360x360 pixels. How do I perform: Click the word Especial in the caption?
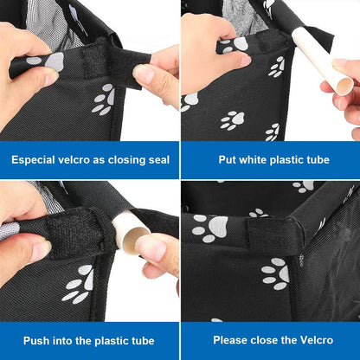click(x=33, y=160)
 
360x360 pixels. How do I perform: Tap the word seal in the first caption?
click(x=159, y=159)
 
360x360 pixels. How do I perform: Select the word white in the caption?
click(x=253, y=159)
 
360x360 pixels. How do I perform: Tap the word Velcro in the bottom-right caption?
click(x=317, y=340)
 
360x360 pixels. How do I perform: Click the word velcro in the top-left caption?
click(x=74, y=159)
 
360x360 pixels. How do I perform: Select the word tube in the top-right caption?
click(x=318, y=159)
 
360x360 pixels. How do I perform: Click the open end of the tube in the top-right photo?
click(x=345, y=86)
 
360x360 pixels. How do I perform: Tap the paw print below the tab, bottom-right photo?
click(x=275, y=273)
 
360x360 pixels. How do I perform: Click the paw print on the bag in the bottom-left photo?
click(x=78, y=284)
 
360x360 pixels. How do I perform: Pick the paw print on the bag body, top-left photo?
click(x=103, y=100)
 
